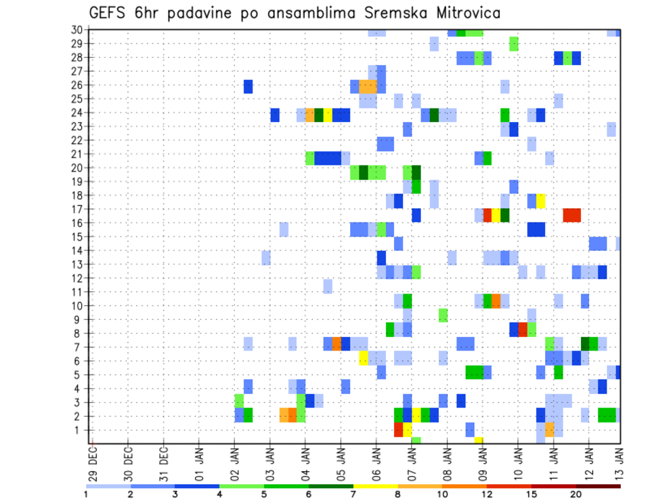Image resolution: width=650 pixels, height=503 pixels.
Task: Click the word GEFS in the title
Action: click(109, 14)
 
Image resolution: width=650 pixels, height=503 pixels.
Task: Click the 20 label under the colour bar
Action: click(576, 494)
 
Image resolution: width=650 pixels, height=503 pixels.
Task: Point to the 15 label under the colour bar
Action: click(532, 494)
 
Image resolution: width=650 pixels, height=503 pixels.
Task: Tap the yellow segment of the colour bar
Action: click(375, 486)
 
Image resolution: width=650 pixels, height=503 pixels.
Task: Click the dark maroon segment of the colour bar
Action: click(598, 486)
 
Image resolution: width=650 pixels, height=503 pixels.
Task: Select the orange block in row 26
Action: click(368, 86)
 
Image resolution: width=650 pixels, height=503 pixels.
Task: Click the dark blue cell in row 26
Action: click(248, 86)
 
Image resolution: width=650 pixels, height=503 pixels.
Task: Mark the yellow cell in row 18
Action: click(541, 201)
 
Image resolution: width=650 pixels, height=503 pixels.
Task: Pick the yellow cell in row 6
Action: click(364, 357)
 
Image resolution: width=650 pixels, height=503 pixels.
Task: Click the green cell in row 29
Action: click(514, 44)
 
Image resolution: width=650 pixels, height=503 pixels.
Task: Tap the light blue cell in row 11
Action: click(328, 286)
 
